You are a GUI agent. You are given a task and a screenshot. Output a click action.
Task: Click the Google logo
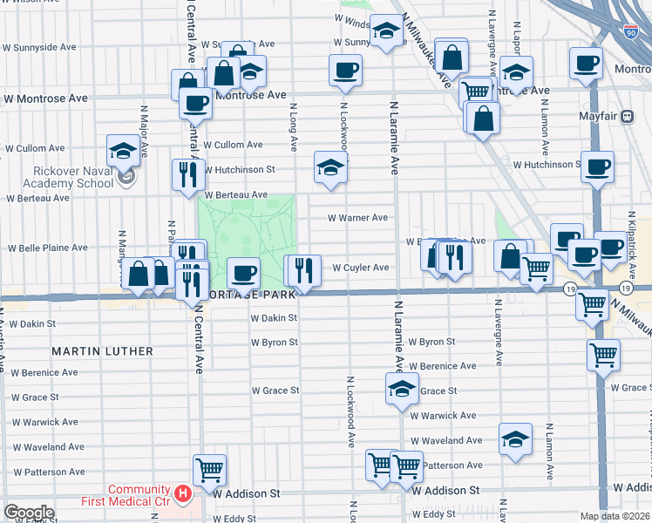point(29,513)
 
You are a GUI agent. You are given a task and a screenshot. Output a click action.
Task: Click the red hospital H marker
point(183,495)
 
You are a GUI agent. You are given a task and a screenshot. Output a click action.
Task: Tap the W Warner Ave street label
point(357,218)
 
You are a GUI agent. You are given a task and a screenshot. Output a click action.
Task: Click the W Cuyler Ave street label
point(360,268)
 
